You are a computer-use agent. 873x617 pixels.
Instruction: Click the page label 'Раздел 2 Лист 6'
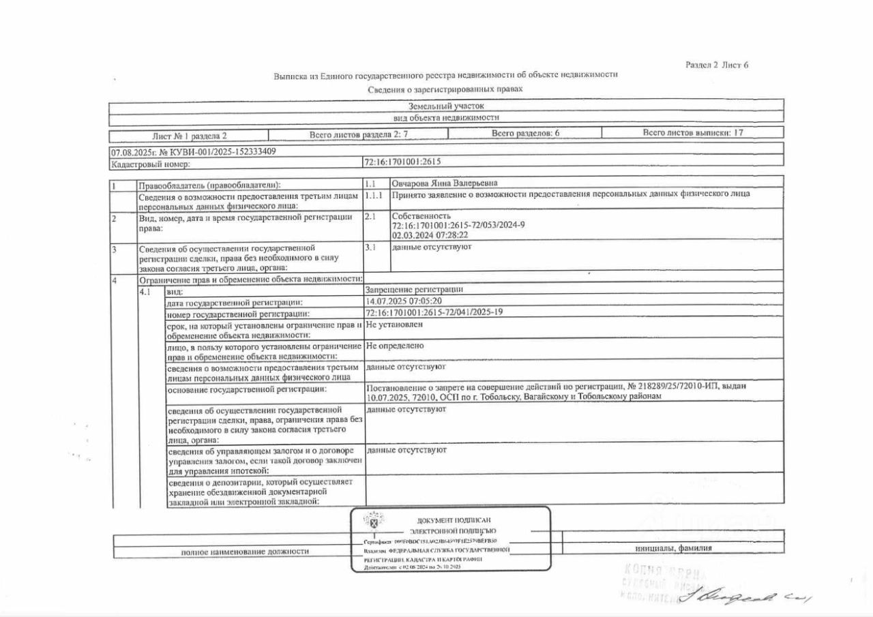click(717, 65)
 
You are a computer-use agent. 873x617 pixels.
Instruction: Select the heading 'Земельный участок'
click(446, 106)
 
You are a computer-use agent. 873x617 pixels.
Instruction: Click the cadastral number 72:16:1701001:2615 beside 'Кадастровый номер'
click(403, 163)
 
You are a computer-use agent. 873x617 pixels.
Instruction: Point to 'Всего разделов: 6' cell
click(525, 134)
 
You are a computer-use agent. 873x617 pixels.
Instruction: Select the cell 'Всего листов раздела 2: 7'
click(358, 134)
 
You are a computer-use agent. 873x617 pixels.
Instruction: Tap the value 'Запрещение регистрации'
click(415, 289)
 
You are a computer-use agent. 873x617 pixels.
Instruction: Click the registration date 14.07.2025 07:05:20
click(404, 301)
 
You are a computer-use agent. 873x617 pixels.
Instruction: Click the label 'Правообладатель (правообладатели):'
click(209, 185)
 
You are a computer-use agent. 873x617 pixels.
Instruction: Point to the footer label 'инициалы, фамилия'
click(673, 548)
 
